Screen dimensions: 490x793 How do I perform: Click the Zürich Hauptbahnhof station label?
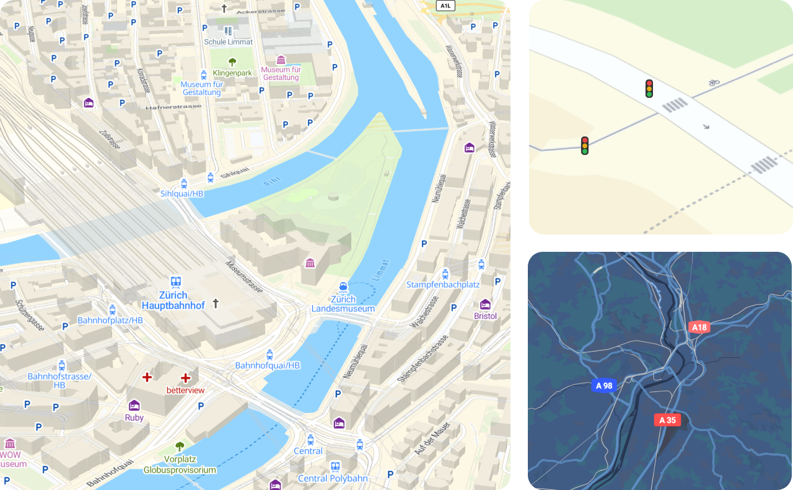pyautogui.click(x=173, y=300)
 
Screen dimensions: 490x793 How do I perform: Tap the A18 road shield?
pyautogui.click(x=699, y=327)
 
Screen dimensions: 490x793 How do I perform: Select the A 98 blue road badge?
pyautogui.click(x=603, y=386)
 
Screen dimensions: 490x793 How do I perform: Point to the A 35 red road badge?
pyautogui.click(x=667, y=420)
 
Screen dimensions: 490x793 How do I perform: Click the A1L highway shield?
pyautogui.click(x=445, y=6)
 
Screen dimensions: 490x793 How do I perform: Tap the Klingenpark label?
pyautogui.click(x=232, y=73)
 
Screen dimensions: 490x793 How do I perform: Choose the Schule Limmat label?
pyautogui.click(x=228, y=42)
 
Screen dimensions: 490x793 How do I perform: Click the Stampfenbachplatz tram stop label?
pyautogui.click(x=443, y=284)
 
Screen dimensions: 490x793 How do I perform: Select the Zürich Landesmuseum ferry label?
pyautogui.click(x=343, y=303)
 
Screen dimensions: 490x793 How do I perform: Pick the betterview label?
pyautogui.click(x=185, y=390)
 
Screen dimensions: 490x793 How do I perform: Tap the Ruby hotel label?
pyautogui.click(x=134, y=417)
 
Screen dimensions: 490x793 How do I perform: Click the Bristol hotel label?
pyautogui.click(x=485, y=316)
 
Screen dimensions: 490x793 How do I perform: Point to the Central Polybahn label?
pyautogui.click(x=333, y=478)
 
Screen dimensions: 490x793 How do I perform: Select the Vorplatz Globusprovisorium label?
pyautogui.click(x=180, y=465)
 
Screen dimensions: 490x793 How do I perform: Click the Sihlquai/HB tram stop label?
pyautogui.click(x=182, y=194)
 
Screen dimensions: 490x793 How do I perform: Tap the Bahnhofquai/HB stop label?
pyautogui.click(x=268, y=365)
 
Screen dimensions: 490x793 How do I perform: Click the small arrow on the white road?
pyautogui.click(x=706, y=127)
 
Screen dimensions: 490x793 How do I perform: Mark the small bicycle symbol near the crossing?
pyautogui.click(x=714, y=81)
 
